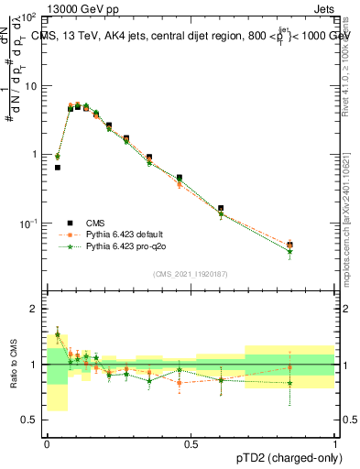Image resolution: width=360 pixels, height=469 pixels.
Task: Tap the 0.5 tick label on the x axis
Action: pyautogui.click(x=191, y=443)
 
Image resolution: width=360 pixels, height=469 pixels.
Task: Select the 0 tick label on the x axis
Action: pyautogui.click(x=47, y=443)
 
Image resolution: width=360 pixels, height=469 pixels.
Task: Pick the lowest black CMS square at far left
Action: pyautogui.click(x=57, y=168)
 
